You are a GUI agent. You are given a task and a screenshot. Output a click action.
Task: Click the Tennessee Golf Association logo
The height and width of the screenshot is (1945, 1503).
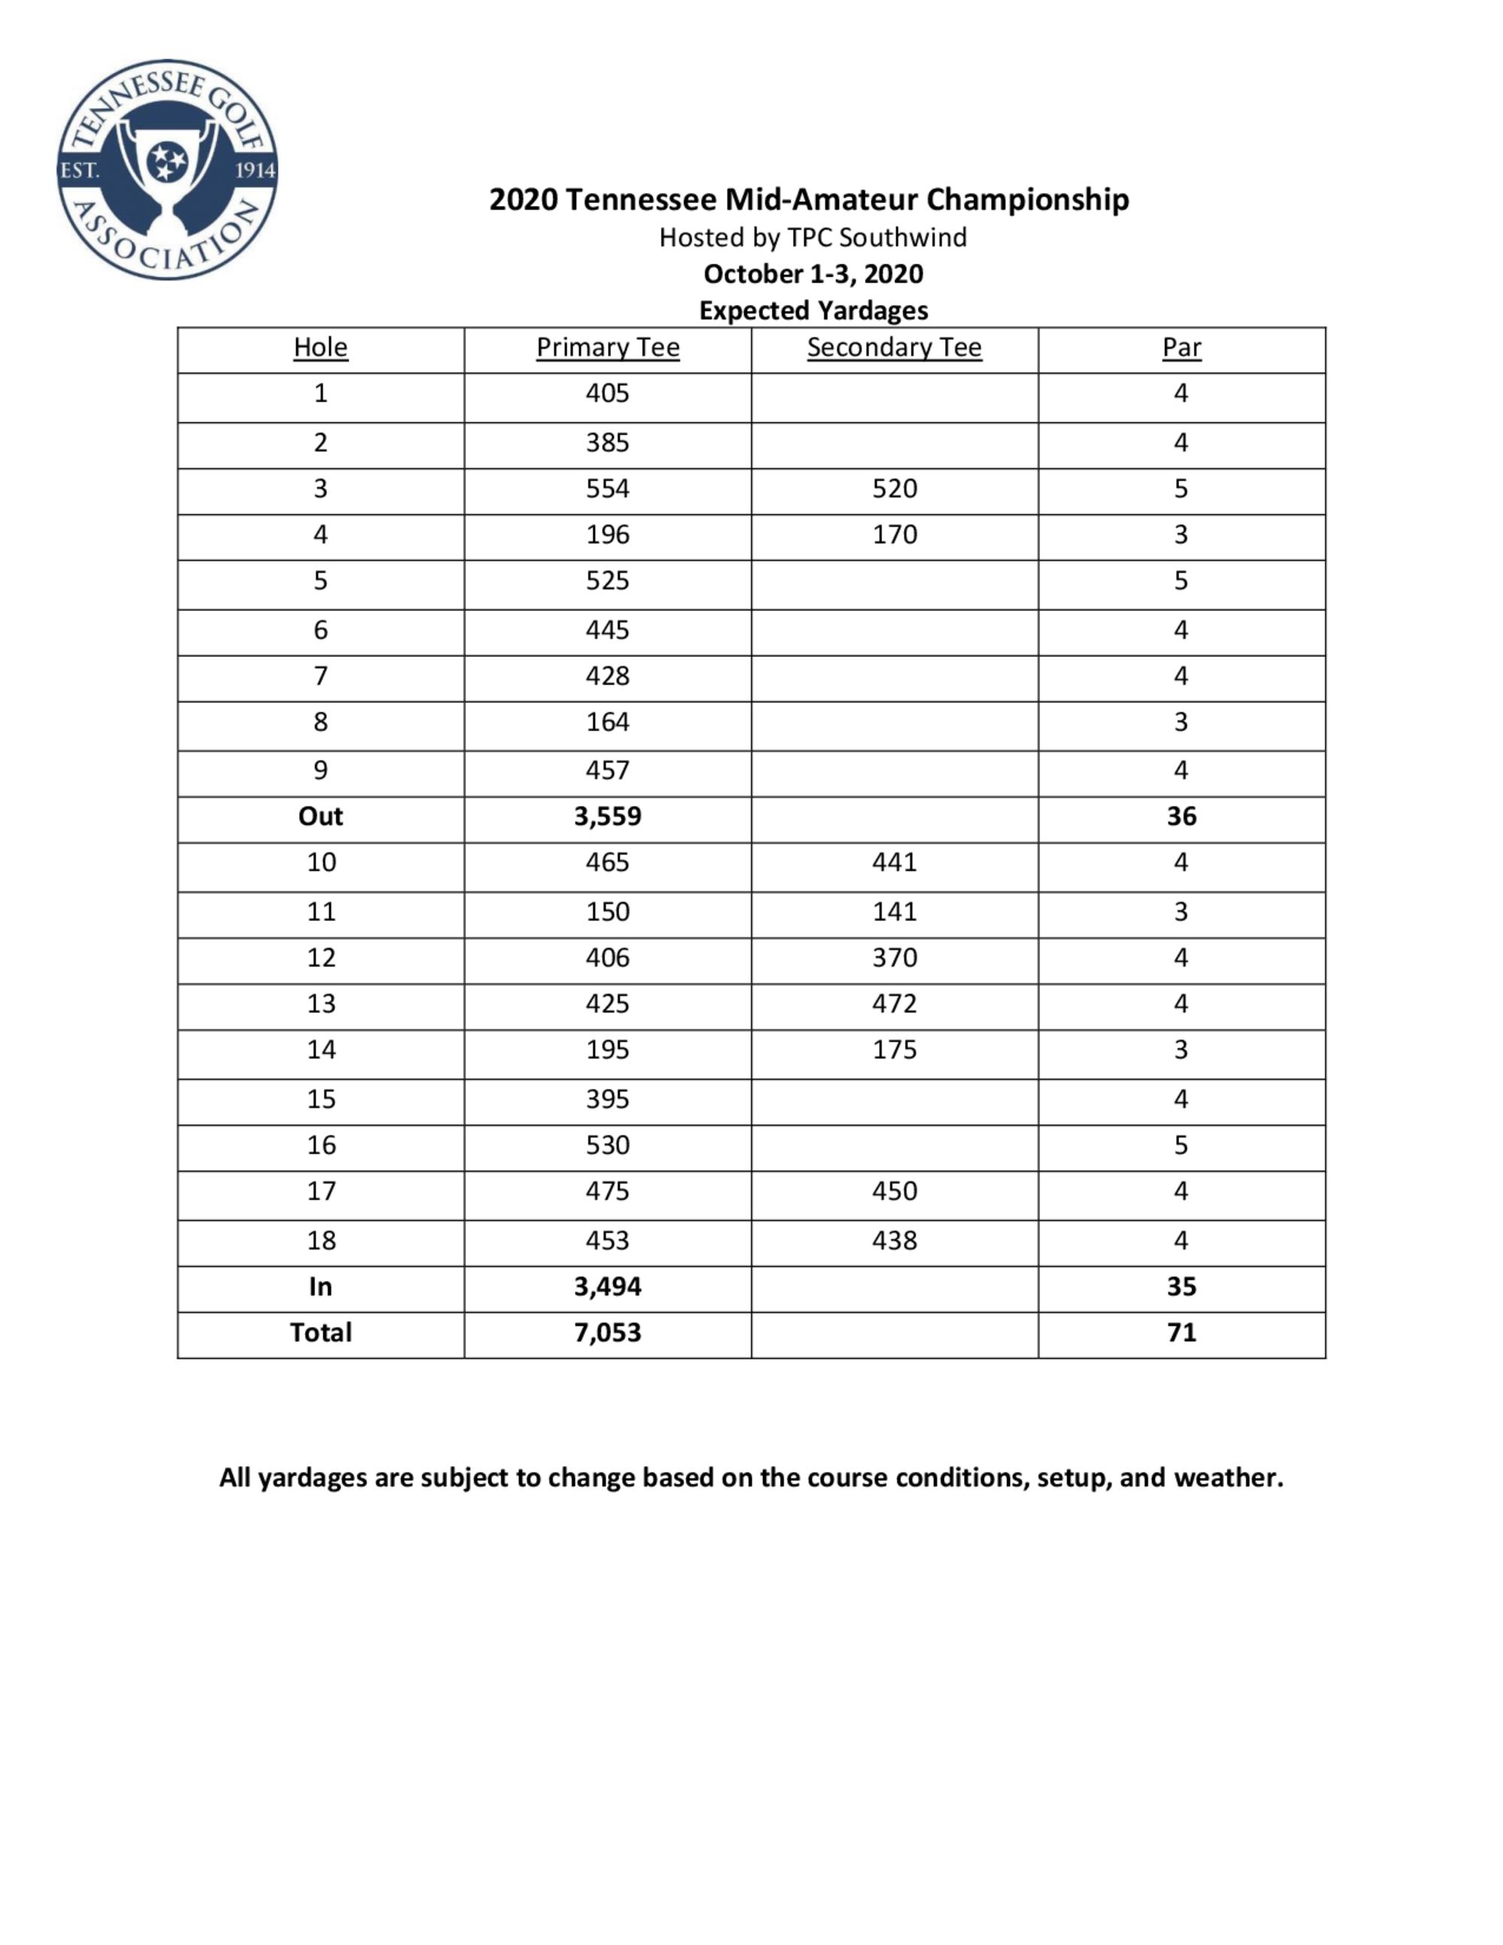click(x=168, y=169)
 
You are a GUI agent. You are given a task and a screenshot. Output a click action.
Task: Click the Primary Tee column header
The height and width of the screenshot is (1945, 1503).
click(x=607, y=347)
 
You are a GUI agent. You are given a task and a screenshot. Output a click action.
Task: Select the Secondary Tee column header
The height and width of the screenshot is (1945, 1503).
click(x=894, y=347)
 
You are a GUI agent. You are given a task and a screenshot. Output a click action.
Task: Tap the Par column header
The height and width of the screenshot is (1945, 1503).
click(x=1181, y=347)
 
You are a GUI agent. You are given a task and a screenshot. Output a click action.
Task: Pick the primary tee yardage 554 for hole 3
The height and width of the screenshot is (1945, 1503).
click(x=607, y=489)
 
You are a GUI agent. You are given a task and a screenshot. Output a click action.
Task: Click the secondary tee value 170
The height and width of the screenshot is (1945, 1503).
click(x=894, y=535)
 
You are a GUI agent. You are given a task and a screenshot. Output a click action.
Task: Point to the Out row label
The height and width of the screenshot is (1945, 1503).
click(x=321, y=817)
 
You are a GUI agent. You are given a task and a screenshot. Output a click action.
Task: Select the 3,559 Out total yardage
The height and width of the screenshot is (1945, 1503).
click(x=607, y=817)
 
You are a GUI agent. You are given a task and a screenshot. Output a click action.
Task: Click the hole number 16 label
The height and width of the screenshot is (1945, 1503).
click(x=321, y=1145)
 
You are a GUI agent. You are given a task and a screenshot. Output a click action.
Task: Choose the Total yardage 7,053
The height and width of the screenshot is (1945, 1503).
click(x=607, y=1333)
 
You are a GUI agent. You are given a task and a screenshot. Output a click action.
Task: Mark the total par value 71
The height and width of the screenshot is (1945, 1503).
click(x=1181, y=1333)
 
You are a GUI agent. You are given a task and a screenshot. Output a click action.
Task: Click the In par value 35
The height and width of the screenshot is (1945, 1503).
click(x=1181, y=1287)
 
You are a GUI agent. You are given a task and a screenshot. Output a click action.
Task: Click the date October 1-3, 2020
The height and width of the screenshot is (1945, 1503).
click(x=813, y=274)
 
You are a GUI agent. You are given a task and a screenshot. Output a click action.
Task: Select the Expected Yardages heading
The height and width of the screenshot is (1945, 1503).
click(x=813, y=311)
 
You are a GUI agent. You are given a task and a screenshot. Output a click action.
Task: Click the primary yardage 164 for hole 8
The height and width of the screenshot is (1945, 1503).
click(x=607, y=722)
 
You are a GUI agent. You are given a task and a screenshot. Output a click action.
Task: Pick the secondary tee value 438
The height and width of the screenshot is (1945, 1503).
click(x=894, y=1242)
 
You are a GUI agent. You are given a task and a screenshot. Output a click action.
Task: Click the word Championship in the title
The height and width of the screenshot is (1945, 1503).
click(x=1027, y=199)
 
